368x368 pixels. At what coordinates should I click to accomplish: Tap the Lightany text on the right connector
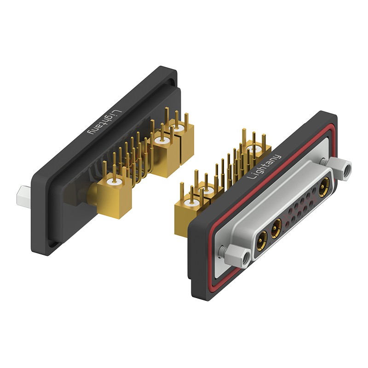pos(264,167)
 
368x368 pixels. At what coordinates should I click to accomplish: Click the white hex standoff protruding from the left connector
pos(24,196)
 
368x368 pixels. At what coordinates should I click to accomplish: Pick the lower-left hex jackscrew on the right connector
pos(236,256)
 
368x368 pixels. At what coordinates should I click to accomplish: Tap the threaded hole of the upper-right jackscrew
pos(347,169)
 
